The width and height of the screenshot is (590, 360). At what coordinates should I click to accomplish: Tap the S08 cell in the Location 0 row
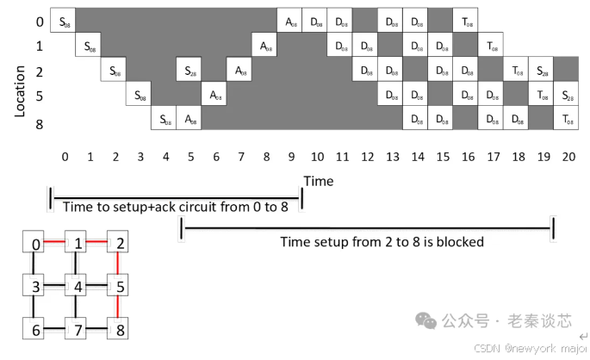63,19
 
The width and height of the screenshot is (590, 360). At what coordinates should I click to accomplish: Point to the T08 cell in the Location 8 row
567,119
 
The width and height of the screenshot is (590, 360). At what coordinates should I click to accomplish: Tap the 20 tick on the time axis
569,157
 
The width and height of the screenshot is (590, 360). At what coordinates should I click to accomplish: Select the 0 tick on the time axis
65,157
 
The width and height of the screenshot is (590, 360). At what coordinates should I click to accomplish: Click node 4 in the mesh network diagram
78,285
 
